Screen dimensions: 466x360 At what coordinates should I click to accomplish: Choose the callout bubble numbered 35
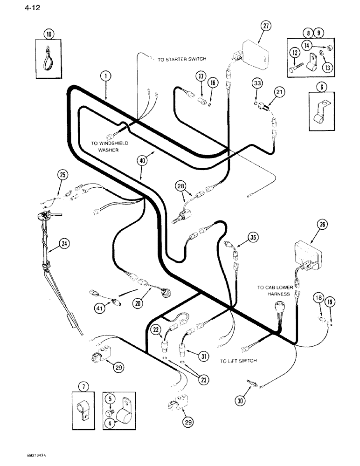pos(253,238)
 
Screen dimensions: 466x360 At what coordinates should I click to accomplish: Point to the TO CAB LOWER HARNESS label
pos(275,291)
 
